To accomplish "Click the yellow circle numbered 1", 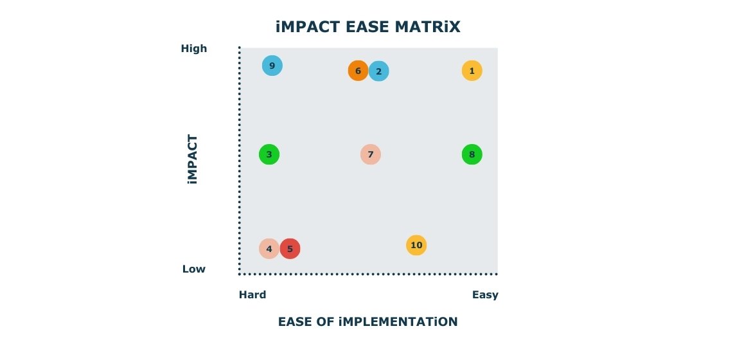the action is pyautogui.click(x=472, y=71).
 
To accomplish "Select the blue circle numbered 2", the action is pyautogui.click(x=379, y=71).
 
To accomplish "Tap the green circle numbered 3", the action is pyautogui.click(x=269, y=154).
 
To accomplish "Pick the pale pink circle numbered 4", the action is pyautogui.click(x=269, y=248).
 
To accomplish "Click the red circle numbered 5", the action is pyautogui.click(x=290, y=248).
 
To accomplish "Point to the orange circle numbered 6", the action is pyautogui.click(x=358, y=71).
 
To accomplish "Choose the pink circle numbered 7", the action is pyautogui.click(x=370, y=154).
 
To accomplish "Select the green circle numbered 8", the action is pyautogui.click(x=472, y=154).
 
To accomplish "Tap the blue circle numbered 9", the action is pyautogui.click(x=272, y=66).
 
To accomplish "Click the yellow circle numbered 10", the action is pyautogui.click(x=416, y=245).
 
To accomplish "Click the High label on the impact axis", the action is pyautogui.click(x=193, y=49).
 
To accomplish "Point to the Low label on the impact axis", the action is pyautogui.click(x=194, y=269).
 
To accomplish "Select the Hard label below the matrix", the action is pyautogui.click(x=252, y=295).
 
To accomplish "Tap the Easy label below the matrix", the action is pyautogui.click(x=485, y=295).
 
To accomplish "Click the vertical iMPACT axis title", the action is pyautogui.click(x=193, y=159).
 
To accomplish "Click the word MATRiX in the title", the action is pyautogui.click(x=428, y=27).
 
